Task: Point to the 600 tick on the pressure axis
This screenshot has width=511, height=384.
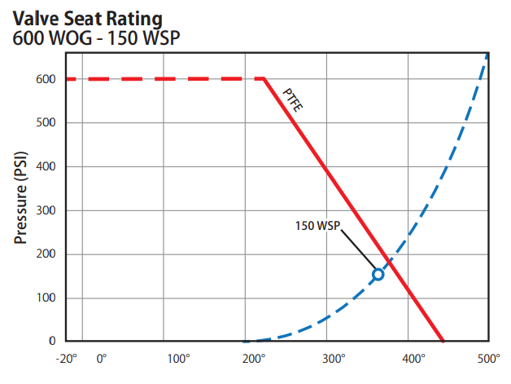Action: point(45,79)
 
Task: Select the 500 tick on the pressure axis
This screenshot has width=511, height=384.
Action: point(45,123)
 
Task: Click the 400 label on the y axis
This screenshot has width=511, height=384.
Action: point(45,166)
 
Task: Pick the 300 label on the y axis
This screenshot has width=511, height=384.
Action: point(45,210)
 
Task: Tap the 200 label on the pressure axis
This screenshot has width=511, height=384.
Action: point(45,254)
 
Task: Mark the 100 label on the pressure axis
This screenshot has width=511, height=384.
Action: point(45,298)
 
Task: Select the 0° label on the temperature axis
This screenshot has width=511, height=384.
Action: point(101,360)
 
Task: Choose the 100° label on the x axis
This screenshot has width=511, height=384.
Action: point(177,360)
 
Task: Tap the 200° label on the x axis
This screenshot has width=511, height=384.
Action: point(255,360)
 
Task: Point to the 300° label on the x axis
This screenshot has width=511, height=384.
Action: point(334,360)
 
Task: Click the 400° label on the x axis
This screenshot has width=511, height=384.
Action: point(412,360)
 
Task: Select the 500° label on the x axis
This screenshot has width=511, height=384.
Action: point(488,360)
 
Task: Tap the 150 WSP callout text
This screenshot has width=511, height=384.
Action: point(317,223)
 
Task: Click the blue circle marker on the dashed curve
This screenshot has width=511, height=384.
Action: point(378,275)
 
